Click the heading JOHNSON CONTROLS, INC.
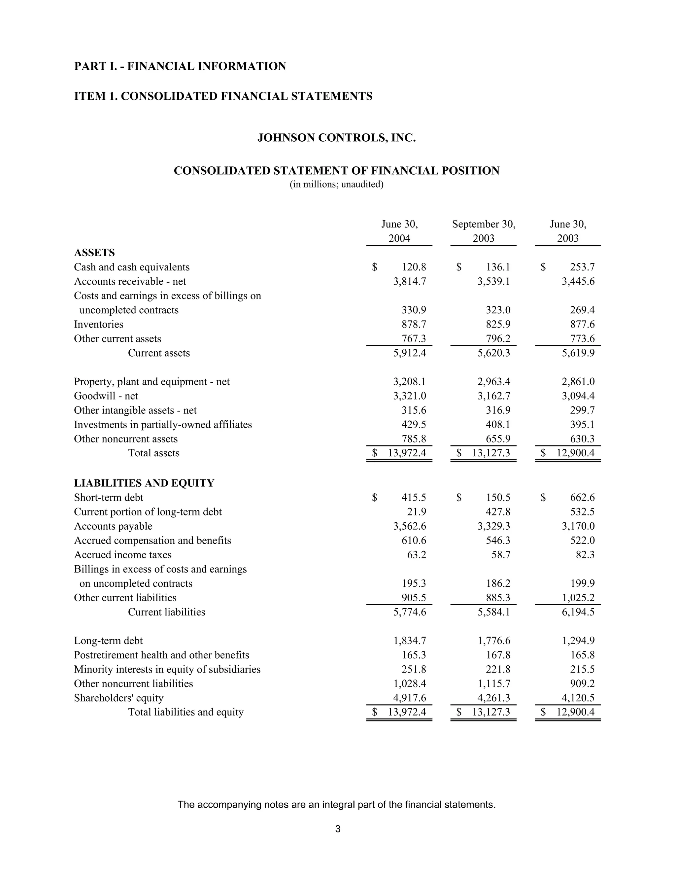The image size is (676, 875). (336, 138)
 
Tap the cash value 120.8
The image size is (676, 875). (414, 267)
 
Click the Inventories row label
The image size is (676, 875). (98, 325)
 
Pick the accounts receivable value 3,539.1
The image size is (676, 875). (493, 282)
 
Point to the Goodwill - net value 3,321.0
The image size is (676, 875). (409, 396)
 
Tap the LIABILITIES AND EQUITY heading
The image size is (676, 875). (144, 483)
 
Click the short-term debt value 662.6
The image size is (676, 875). (582, 498)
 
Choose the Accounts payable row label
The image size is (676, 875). (113, 526)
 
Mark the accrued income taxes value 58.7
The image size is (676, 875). (501, 555)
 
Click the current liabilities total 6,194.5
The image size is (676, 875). (578, 612)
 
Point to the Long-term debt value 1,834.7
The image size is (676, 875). (409, 641)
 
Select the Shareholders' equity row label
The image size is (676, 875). (118, 698)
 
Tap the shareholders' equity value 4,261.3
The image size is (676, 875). (493, 698)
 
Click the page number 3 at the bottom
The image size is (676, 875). (338, 829)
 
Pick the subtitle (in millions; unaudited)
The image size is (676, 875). (336, 185)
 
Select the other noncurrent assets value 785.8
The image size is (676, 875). (414, 439)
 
